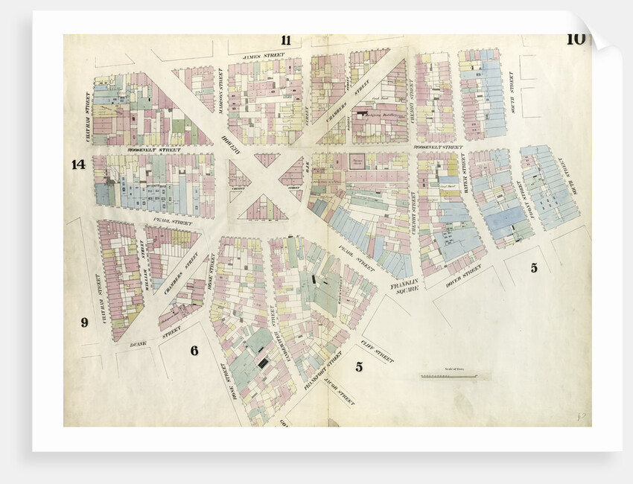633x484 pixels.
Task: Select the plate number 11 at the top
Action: tap(286, 40)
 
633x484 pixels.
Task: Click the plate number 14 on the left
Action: tap(78, 165)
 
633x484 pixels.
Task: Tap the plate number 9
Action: tap(84, 322)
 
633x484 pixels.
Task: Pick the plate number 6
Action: tap(194, 350)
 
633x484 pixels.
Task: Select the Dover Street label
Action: tap(464, 275)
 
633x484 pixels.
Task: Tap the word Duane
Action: tap(137, 344)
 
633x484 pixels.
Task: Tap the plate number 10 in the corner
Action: tap(575, 39)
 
